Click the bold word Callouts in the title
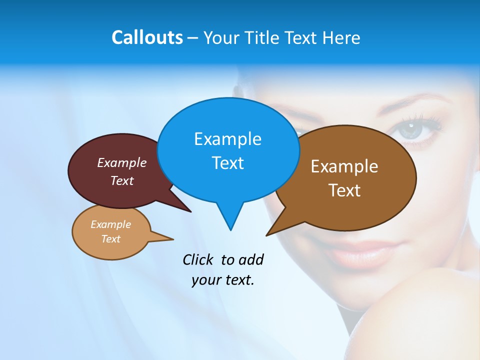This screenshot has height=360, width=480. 147,37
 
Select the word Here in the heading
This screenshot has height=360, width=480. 341,37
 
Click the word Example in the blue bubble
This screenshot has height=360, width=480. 227,139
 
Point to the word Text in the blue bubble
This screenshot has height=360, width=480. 227,163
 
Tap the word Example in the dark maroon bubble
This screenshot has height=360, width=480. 122,162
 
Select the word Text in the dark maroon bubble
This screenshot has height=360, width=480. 122,180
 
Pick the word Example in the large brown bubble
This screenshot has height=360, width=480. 344,166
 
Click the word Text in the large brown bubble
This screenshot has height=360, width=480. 344,190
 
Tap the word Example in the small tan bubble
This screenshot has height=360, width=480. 110,224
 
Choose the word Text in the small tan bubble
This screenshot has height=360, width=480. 110,239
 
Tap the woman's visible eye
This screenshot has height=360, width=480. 414,131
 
